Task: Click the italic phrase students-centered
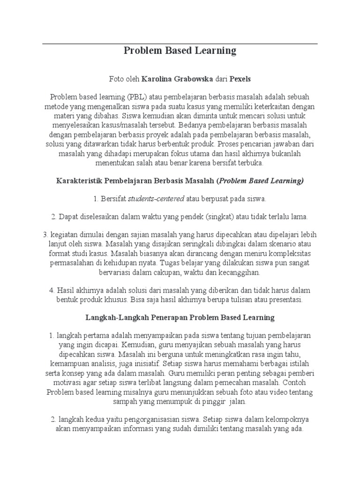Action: click(156, 199)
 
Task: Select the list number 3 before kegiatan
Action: click(45, 234)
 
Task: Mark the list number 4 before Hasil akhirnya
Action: click(52, 290)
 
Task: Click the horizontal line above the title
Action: click(180, 44)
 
